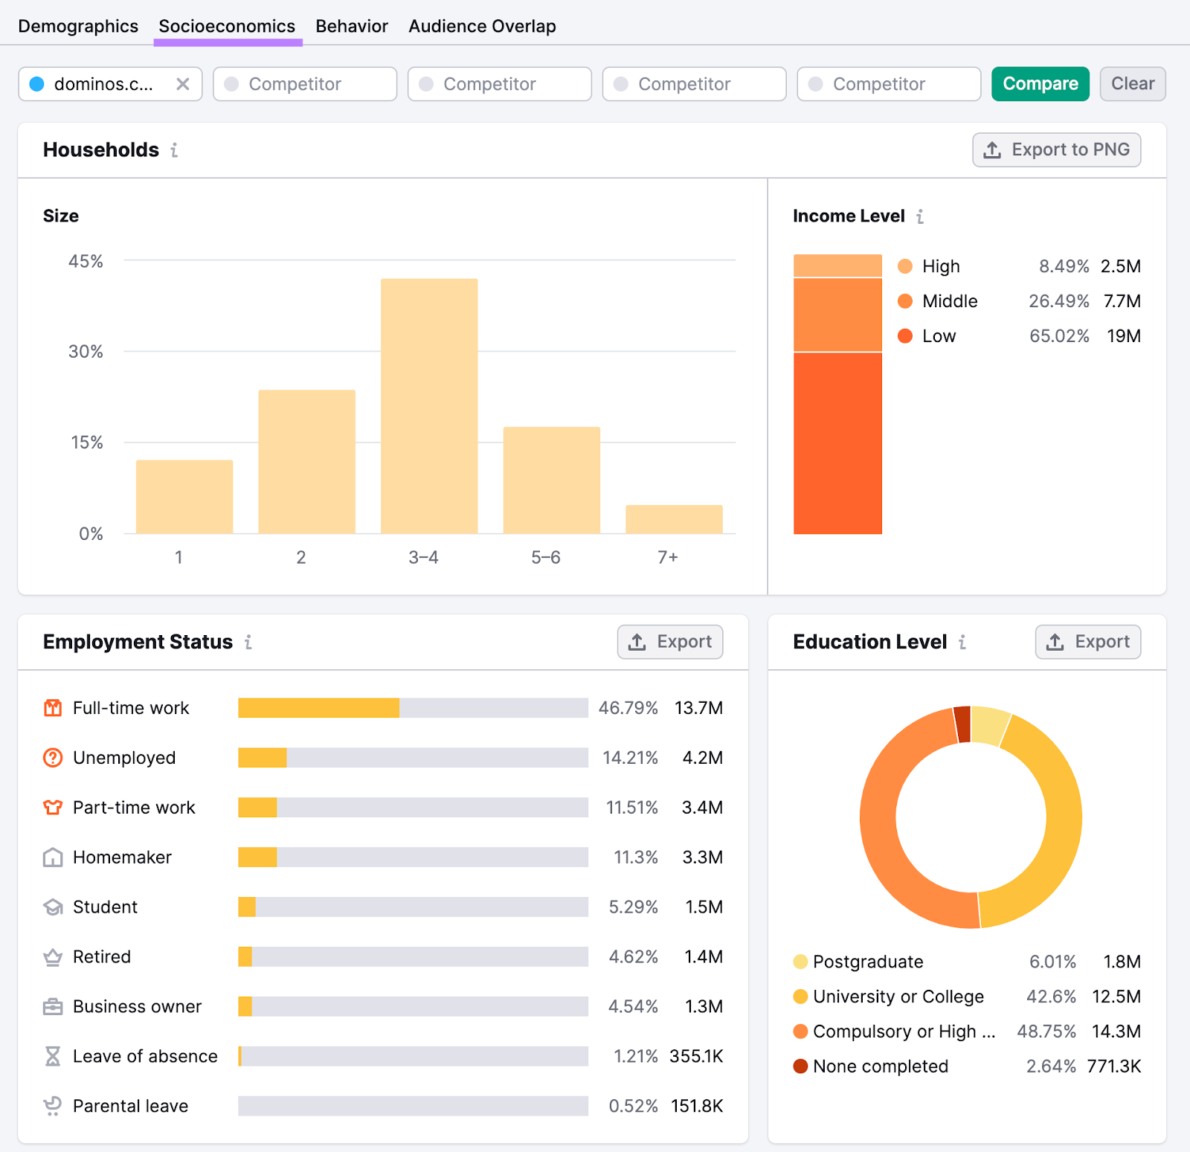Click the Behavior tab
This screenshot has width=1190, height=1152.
351,26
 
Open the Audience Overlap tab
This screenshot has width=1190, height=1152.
482,26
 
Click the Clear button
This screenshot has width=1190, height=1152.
1132,84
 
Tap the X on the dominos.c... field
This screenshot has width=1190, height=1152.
183,84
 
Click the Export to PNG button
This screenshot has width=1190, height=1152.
1056,150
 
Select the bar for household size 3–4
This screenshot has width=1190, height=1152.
429,406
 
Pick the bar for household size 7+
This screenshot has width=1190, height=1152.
674,519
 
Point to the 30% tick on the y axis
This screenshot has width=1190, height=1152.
86,352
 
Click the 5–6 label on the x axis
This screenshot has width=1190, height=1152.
545,557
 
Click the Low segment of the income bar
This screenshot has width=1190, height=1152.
837,443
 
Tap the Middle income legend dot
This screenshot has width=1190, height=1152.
905,301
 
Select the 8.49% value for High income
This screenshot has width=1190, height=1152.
1064,266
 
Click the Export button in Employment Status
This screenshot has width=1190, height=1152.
669,642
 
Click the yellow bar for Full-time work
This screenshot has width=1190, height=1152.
318,708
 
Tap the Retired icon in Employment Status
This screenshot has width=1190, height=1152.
53,957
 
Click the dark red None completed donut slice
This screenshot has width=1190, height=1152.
962,724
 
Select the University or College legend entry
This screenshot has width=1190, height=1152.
898,997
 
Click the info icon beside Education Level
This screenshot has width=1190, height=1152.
962,642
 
